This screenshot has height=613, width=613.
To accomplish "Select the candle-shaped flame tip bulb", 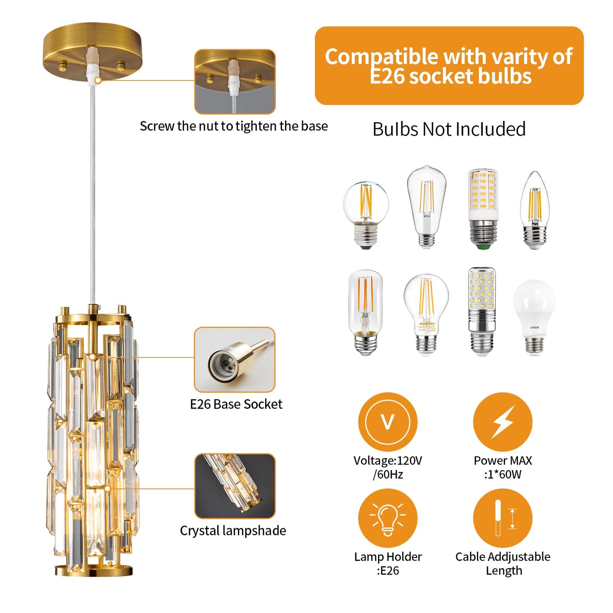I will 535,210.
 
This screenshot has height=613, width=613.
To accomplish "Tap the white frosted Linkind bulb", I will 534,316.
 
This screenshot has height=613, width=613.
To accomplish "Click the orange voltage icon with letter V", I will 388,422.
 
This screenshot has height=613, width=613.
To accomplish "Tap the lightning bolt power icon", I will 503,422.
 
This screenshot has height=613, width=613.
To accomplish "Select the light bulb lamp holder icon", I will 388,518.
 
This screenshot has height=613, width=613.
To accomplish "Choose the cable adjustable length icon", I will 503,518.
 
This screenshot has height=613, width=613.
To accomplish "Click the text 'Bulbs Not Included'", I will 449,129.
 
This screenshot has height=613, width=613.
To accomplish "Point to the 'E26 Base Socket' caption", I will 236,404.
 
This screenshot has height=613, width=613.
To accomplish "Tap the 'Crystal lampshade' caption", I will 233,531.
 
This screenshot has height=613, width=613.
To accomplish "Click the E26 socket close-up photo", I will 235,360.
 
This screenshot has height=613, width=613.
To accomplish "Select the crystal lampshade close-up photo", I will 235,486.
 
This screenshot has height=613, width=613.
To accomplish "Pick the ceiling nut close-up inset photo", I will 235,81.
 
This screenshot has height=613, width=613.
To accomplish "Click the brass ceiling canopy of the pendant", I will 92,47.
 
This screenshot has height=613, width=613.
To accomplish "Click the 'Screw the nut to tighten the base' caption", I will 234,126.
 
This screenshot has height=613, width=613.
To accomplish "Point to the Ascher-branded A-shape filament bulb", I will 426,314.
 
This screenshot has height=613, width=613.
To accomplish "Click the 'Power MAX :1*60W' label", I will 503,467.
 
